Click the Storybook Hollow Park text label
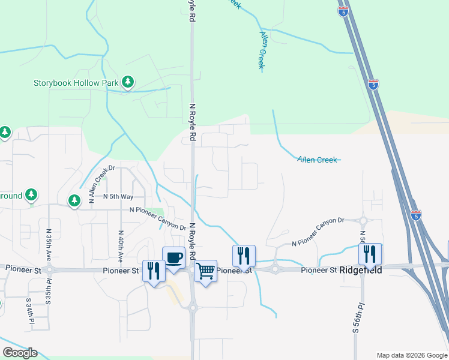pyautogui.click(x=76, y=82)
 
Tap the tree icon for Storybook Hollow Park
pyautogui.click(x=127, y=82)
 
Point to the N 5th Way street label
pyautogui.click(x=118, y=196)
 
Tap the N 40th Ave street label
pyautogui.click(x=121, y=247)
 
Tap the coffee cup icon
pyautogui.click(x=173, y=257)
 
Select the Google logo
pyautogui.click(x=20, y=352)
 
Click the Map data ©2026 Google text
pyautogui.click(x=412, y=355)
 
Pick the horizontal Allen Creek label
pyautogui.click(x=318, y=159)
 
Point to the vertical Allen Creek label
pyautogui.click(x=262, y=51)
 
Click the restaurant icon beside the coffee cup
pyautogui.click(x=153, y=271)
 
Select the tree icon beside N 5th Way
pyautogui.click(x=74, y=200)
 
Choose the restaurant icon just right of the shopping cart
pyautogui.click(x=244, y=256)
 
